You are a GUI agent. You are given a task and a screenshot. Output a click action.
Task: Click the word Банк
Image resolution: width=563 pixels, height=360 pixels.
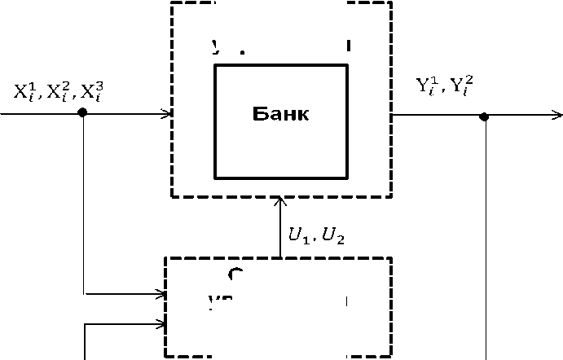280,113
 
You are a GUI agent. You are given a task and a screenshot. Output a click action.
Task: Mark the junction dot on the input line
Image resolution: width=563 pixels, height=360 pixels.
81,113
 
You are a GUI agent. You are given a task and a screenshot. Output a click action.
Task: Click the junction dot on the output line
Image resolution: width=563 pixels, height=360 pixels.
484,116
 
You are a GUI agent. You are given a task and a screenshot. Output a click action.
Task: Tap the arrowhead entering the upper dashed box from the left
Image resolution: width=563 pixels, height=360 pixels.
167,113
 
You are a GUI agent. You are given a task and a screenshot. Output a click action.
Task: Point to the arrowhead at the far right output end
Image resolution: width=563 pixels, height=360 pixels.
557,116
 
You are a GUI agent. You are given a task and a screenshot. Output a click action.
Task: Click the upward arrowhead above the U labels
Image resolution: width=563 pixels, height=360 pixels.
280,202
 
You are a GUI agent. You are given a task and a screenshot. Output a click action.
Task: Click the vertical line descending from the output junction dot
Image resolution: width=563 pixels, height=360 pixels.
486,244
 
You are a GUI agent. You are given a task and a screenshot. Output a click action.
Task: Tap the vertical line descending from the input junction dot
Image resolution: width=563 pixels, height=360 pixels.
84,204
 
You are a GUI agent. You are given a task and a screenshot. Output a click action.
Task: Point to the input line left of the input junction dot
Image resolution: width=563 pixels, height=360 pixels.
41,113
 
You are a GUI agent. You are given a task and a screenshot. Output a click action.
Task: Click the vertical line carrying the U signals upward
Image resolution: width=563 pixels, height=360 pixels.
280,232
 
